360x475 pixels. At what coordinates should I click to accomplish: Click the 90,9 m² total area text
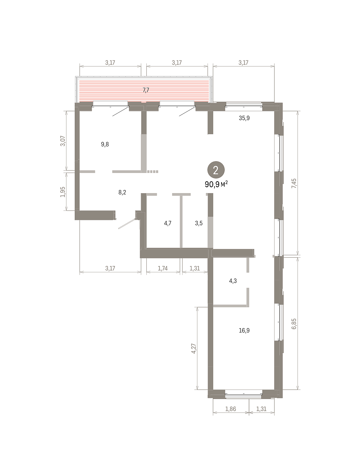216,184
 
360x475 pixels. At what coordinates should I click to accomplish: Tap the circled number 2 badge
216,170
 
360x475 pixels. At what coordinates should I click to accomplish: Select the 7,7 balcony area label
146,90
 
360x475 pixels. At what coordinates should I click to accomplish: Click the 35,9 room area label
244,118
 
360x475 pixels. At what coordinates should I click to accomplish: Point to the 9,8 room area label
105,144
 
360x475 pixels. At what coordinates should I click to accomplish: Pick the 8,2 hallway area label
122,192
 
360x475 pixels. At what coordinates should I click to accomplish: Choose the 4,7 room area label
168,223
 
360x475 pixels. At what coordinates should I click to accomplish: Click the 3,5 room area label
199,223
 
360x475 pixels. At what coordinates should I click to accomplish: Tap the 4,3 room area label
233,281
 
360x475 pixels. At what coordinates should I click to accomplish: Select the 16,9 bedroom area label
244,331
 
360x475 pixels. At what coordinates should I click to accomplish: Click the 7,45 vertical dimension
294,183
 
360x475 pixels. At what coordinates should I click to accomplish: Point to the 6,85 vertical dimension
294,324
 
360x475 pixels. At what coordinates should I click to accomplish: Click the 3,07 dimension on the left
63,141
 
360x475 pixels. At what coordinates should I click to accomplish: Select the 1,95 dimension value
63,192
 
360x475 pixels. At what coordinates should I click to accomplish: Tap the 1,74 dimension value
163,268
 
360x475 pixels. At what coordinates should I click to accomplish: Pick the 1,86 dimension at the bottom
231,409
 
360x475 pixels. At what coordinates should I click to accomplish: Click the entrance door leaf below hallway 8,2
127,224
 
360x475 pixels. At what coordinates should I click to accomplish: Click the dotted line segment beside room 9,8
153,172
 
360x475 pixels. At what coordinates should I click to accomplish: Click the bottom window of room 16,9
243,395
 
